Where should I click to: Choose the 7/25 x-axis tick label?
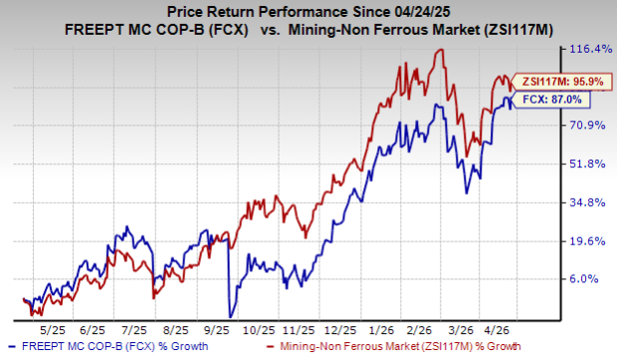[x=141, y=327]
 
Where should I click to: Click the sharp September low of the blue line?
[x=229, y=315]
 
